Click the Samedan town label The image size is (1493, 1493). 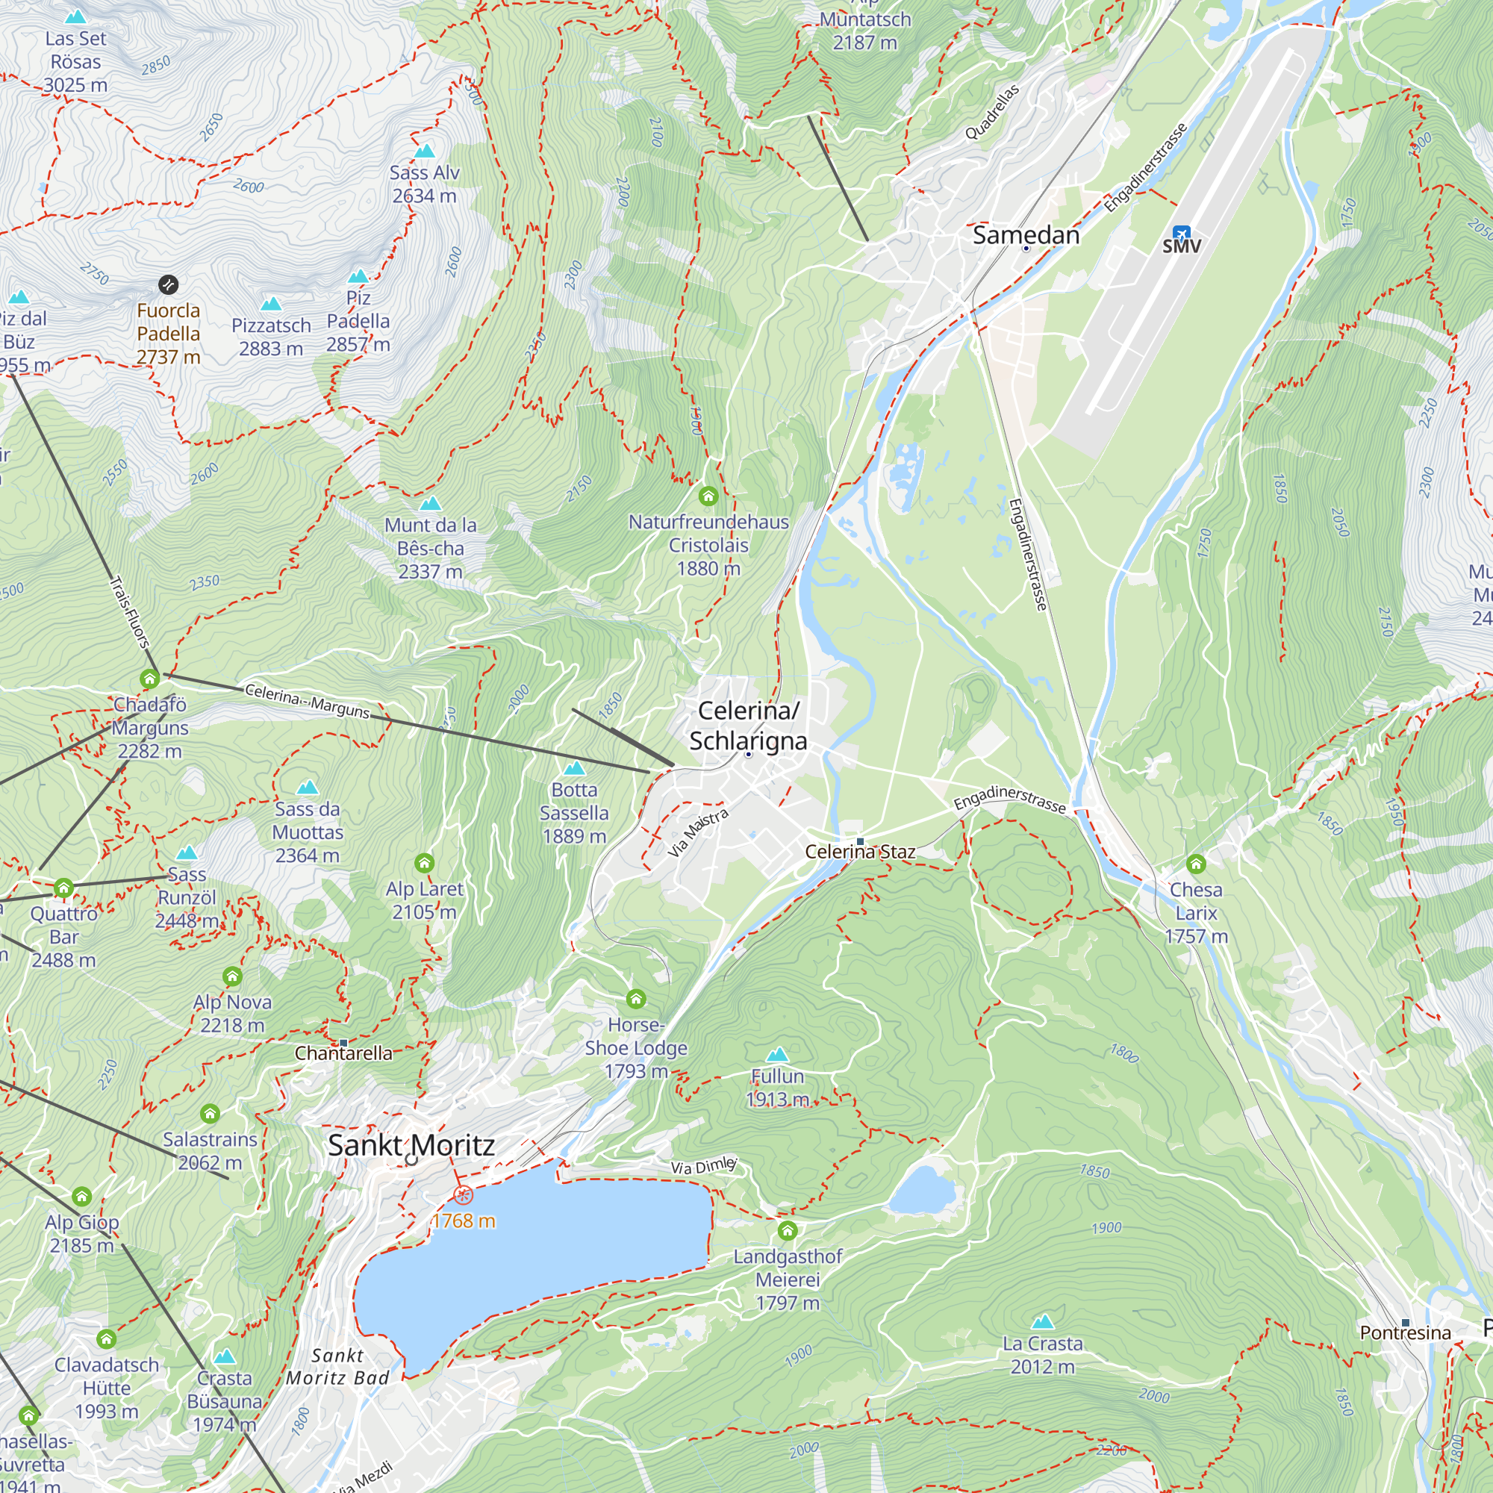point(1026,235)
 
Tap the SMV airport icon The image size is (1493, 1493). point(1181,233)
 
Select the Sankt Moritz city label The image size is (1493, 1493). point(411,1145)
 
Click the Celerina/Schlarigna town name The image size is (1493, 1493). point(747,726)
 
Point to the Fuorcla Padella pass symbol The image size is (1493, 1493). point(169,285)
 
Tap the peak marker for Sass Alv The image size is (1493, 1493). point(424,151)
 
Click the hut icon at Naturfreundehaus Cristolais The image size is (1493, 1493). point(708,496)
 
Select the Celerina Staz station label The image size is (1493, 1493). point(860,852)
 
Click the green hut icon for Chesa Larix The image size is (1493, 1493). point(1195,864)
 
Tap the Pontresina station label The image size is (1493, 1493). point(1405,1333)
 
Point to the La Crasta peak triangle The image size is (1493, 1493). point(1042,1321)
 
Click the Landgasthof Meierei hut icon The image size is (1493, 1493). point(787,1230)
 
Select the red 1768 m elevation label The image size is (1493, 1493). point(464,1221)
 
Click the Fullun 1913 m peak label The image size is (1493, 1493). point(777,1088)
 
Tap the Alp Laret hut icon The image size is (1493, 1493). point(424,863)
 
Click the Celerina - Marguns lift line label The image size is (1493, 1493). point(307,700)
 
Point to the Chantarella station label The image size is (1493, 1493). point(343,1053)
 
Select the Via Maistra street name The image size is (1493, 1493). point(698,833)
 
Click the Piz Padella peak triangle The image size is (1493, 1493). point(358,277)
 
